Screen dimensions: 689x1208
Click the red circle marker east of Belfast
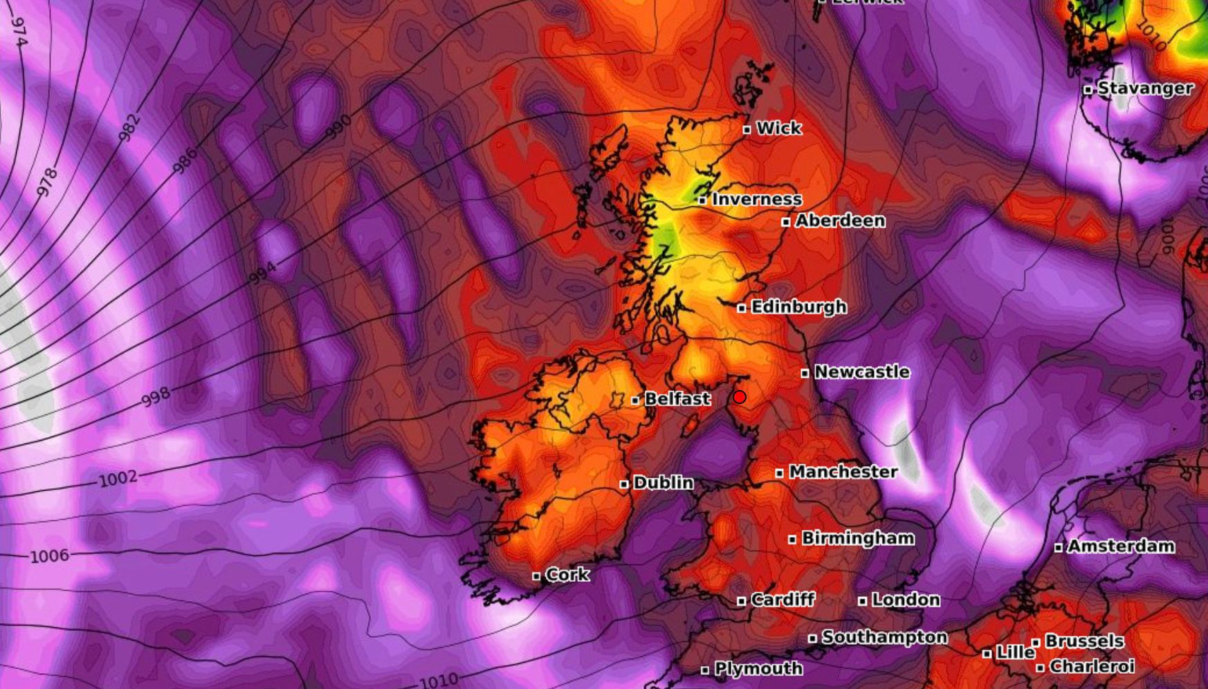tap(740, 397)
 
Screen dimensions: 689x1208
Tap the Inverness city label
tap(757, 199)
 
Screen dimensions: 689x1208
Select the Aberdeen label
tap(840, 221)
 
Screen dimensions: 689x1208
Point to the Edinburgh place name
tap(798, 306)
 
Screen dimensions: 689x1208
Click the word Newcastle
tap(861, 372)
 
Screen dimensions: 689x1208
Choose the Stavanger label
tap(1145, 89)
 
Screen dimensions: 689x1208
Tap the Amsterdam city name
tap(1121, 546)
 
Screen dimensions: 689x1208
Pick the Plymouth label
tap(758, 669)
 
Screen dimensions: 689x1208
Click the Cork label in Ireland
tap(567, 575)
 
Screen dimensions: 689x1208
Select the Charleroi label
tap(1092, 667)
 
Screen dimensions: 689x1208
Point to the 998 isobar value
tap(156, 397)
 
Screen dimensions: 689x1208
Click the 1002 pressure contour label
tap(118, 479)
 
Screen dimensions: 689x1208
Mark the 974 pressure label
tap(19, 32)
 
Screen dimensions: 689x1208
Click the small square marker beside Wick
tap(747, 129)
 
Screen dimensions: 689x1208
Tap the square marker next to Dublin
tap(624, 484)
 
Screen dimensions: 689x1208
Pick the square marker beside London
tap(862, 601)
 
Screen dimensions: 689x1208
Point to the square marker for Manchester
tap(780, 473)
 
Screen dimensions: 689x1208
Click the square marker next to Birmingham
tap(792, 540)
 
